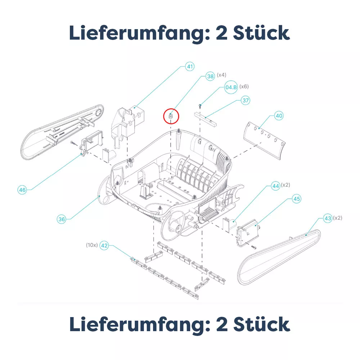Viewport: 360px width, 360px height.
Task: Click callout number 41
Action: coord(190,67)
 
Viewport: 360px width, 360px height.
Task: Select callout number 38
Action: coord(210,76)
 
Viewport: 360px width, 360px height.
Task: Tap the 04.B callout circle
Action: coord(231,87)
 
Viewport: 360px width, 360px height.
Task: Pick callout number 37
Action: coord(246,100)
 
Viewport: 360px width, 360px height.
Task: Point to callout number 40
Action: coord(279,116)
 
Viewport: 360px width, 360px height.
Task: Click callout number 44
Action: coord(275,186)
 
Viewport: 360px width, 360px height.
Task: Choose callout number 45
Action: coord(297,199)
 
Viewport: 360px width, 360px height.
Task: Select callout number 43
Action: coord(328,218)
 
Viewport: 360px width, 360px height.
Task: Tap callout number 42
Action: coord(104,246)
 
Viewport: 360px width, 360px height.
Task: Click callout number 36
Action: coord(62,219)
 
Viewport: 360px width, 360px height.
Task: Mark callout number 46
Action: coord(22,190)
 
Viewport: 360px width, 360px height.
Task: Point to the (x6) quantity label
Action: coord(244,86)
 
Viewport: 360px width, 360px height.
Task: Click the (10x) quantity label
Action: coord(92,245)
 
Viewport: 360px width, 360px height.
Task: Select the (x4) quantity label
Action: coord(221,75)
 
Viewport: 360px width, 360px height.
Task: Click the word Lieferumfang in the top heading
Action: coord(139,33)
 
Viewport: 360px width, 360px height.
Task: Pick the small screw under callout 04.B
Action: coord(200,106)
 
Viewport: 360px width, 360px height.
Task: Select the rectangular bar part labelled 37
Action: coord(205,120)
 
